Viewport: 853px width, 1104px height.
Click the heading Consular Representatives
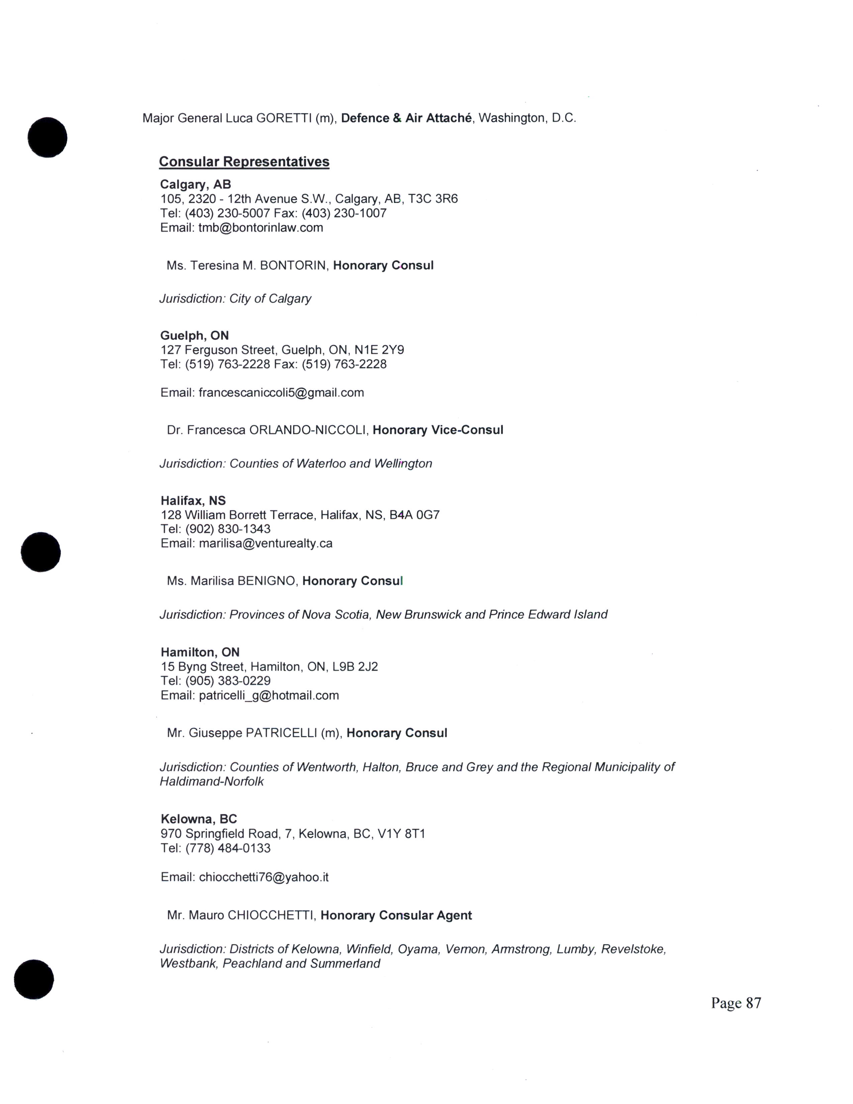coord(244,162)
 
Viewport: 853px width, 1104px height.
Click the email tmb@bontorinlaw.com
coord(261,227)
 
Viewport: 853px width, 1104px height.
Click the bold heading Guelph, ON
coord(195,336)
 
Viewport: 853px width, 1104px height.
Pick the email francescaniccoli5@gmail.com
coord(281,393)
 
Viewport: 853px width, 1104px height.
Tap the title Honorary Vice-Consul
coord(438,430)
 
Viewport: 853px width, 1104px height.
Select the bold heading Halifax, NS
coord(193,500)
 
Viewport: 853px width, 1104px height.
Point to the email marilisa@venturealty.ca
coord(265,543)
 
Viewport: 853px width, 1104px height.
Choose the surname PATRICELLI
coord(281,733)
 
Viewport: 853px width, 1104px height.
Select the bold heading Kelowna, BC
coord(199,819)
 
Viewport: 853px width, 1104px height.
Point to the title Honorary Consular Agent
coord(396,915)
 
